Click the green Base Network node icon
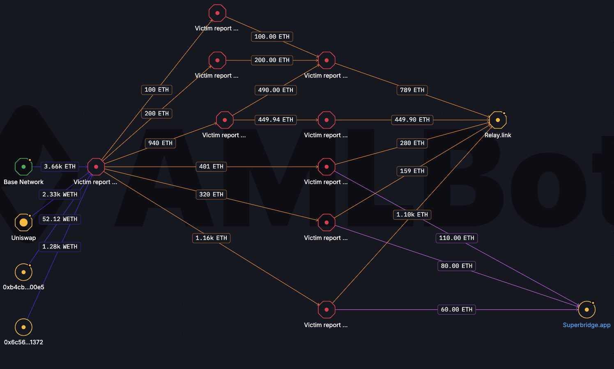[23, 167]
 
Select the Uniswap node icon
[23, 223]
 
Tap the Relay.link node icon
[498, 120]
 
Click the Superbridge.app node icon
[586, 309]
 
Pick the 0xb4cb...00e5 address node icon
[23, 272]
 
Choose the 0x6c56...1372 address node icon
[23, 327]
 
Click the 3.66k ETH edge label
[60, 166]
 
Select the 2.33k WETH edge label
[60, 194]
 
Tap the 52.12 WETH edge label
[60, 219]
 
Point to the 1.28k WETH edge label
[60, 247]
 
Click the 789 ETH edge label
[412, 90]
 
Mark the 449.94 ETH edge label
[276, 120]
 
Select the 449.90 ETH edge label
[412, 120]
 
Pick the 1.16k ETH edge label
[211, 238]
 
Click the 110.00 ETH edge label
[456, 238]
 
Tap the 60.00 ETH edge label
[456, 309]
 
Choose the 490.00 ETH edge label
[276, 90]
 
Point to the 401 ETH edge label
[211, 166]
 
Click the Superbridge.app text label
[586, 325]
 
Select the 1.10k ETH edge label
[412, 214]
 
